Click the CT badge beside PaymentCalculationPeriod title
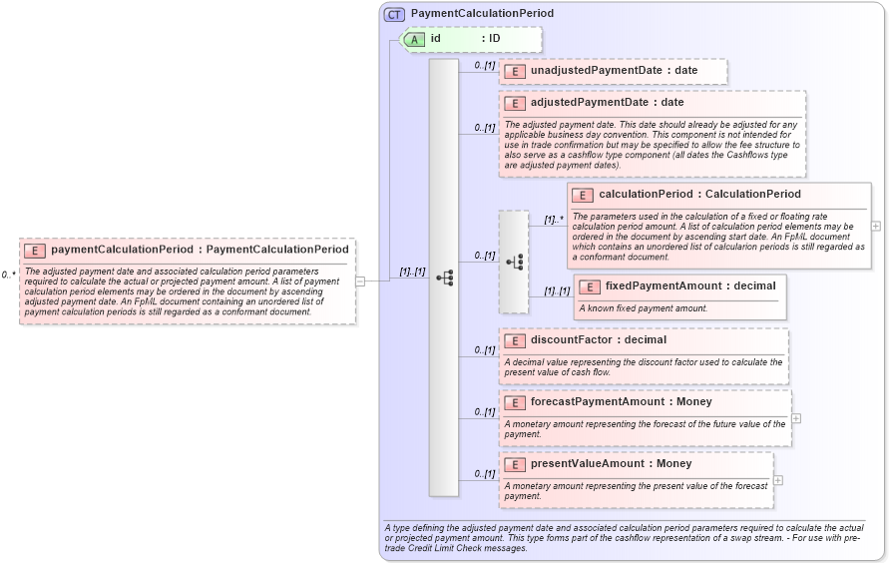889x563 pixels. (x=395, y=15)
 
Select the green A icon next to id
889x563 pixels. (x=414, y=39)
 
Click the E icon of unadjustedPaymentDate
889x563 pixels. (x=515, y=72)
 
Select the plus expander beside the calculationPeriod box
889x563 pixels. (x=876, y=227)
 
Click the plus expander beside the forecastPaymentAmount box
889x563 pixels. (x=796, y=418)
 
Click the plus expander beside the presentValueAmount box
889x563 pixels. (x=778, y=480)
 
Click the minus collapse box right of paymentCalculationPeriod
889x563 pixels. (x=360, y=281)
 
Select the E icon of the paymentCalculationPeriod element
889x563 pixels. (x=35, y=250)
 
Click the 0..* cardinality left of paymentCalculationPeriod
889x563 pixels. (x=8, y=275)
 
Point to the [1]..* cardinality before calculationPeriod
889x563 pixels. (x=554, y=220)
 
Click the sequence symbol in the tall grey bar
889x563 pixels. (x=444, y=278)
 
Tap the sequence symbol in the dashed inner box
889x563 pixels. (x=514, y=262)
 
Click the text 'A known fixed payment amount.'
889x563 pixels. (x=644, y=308)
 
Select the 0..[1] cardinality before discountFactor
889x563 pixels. (x=485, y=350)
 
